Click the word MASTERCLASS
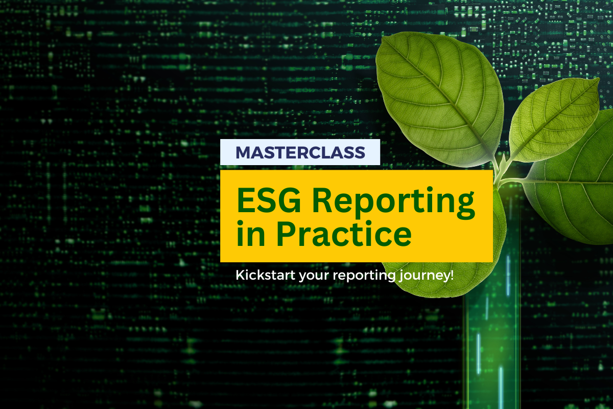click(x=300, y=152)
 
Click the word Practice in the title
click(x=344, y=234)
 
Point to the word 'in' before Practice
click(x=251, y=234)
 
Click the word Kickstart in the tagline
click(x=266, y=275)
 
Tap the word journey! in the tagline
click(x=426, y=276)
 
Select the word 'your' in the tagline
click(x=314, y=277)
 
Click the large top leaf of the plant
click(x=440, y=99)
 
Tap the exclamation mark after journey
click(x=451, y=275)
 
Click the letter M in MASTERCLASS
click(x=244, y=152)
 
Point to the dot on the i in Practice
click(x=379, y=223)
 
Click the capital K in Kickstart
click(x=240, y=275)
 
